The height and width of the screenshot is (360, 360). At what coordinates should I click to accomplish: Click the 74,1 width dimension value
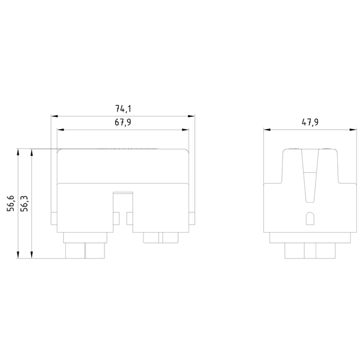[x=124, y=109]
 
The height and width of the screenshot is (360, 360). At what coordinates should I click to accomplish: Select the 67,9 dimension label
[x=124, y=122]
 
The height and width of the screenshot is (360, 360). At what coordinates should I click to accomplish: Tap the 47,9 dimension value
[x=310, y=122]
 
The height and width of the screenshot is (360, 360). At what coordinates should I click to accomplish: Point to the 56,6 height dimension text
[x=11, y=204]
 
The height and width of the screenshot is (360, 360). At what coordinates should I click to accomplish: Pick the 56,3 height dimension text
[x=25, y=204]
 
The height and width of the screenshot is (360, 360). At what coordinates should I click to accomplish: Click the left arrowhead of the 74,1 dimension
[x=54, y=115]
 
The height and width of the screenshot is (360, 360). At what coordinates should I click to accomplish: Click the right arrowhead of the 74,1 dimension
[x=193, y=115]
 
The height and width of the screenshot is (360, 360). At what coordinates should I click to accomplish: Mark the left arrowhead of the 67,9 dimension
[x=60, y=129]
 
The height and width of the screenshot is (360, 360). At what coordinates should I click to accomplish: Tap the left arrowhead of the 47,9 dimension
[x=267, y=129]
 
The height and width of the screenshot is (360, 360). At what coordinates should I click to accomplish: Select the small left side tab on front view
[x=55, y=219]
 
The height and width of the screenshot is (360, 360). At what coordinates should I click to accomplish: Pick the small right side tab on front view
[x=192, y=219]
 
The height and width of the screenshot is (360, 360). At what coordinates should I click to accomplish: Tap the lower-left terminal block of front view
[x=85, y=246]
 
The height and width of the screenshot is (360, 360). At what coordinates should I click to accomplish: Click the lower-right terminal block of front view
[x=161, y=238]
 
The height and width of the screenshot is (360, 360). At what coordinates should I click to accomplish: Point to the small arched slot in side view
[x=310, y=219]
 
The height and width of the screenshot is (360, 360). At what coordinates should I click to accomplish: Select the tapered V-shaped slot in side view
[x=310, y=177]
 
